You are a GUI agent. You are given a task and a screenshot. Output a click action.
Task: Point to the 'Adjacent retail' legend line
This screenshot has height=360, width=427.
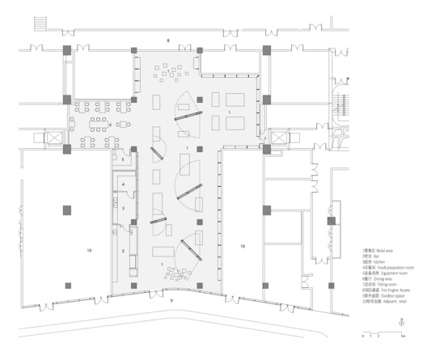coord(379,304)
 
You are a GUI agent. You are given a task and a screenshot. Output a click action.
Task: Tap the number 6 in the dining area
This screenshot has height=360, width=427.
coord(111,102)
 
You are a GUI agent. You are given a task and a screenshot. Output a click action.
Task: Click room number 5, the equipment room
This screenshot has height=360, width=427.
coord(122,159)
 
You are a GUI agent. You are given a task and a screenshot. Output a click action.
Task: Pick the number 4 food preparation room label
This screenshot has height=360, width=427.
coord(122,184)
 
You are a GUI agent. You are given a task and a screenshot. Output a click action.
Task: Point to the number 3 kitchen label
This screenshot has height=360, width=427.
coord(122,209)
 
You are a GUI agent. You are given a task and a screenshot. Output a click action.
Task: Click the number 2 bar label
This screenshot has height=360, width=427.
coord(122,252)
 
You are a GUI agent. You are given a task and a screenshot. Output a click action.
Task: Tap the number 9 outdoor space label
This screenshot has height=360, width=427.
coord(171,300)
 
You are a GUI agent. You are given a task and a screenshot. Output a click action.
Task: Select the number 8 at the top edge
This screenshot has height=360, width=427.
coord(167,40)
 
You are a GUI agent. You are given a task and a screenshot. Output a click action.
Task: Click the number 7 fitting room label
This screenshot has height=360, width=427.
coord(264,139)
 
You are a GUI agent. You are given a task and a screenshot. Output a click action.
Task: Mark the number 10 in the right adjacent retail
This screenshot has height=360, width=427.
coord(242,244)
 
